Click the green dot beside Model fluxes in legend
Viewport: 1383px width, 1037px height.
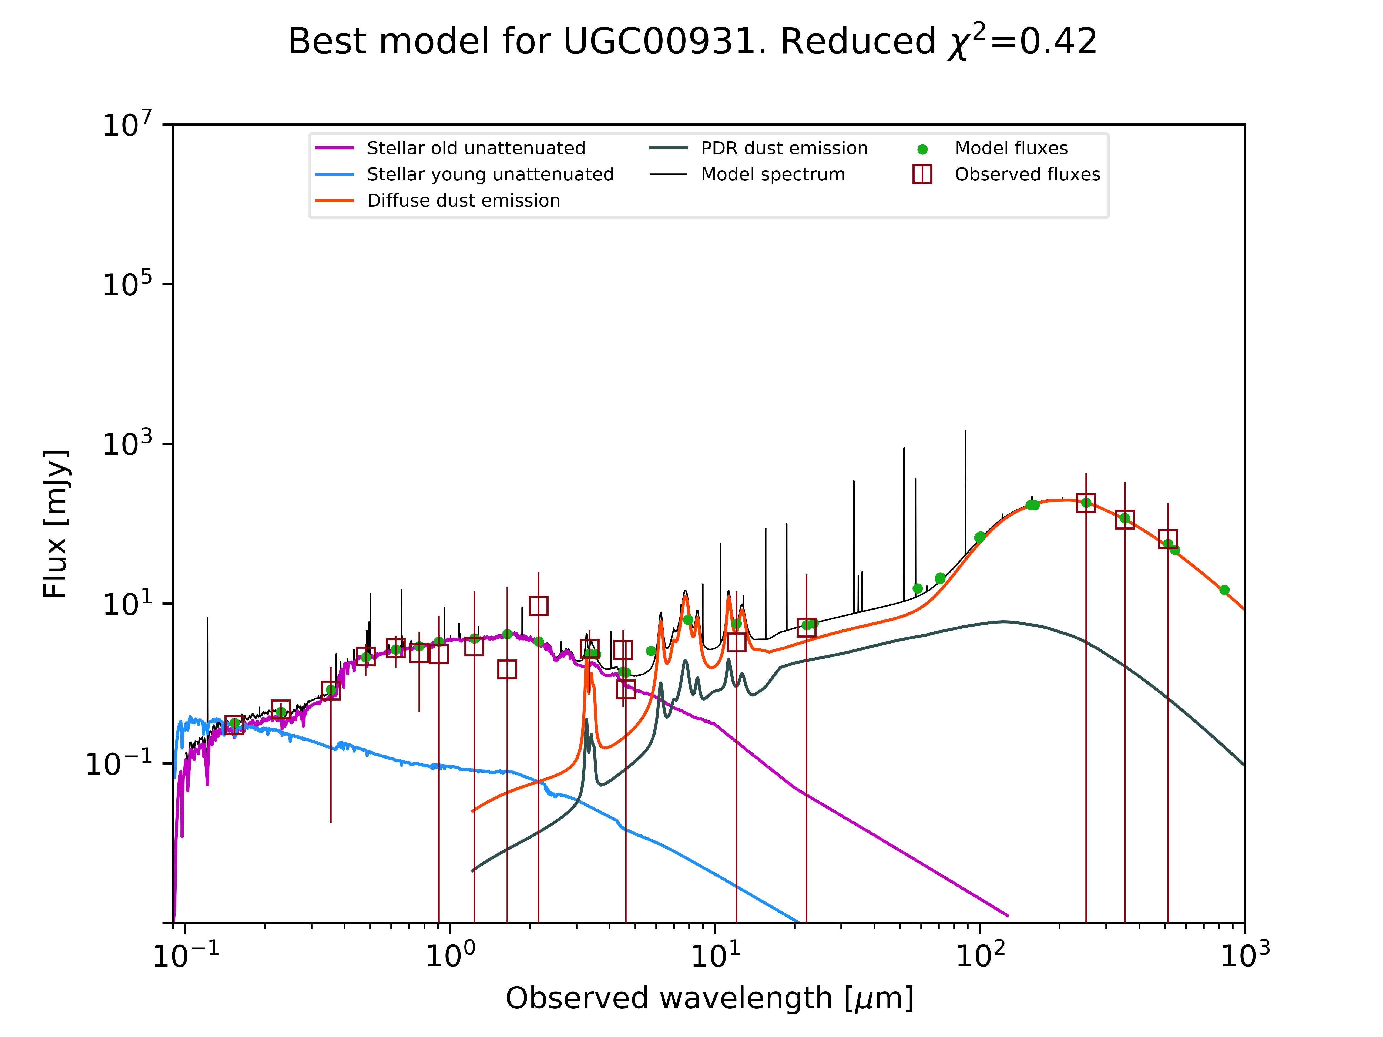pos(922,149)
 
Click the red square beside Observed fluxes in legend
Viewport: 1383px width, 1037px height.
pos(922,174)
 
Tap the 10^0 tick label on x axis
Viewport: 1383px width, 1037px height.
pos(450,954)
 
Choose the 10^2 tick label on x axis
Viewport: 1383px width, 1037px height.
pos(980,954)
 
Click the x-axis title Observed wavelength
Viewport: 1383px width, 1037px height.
pos(709,998)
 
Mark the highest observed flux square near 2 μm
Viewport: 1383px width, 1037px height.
pos(538,606)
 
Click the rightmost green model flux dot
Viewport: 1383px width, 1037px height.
pos(1224,590)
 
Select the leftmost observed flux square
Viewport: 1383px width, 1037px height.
pos(234,725)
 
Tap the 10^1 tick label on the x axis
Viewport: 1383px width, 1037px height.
pos(715,954)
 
